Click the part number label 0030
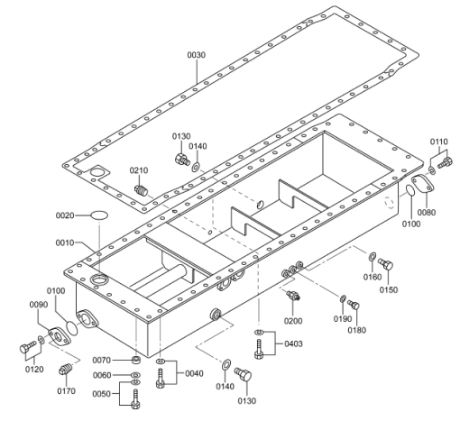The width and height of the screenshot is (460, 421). (x=197, y=55)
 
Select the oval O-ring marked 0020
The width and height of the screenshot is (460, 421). (x=99, y=215)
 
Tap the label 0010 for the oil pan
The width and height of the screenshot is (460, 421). (x=65, y=243)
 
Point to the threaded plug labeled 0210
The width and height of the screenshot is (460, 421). (x=141, y=190)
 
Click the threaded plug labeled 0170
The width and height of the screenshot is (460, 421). (x=66, y=369)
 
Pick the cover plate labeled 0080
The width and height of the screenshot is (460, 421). (x=423, y=184)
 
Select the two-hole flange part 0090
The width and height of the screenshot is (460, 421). (x=60, y=336)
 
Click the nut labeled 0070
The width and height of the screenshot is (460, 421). (x=136, y=360)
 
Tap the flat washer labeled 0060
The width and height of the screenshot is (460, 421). (x=136, y=375)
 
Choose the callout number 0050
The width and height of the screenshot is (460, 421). (x=101, y=394)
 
